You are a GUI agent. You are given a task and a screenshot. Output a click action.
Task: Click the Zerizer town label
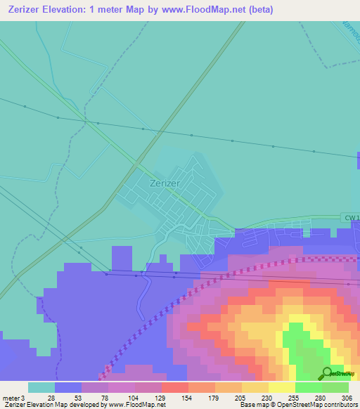pyautogui.click(x=165, y=183)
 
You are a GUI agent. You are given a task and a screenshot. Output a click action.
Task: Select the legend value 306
pyautogui.click(x=347, y=397)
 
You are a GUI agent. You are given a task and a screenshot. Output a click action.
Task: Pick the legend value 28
pyautogui.click(x=51, y=397)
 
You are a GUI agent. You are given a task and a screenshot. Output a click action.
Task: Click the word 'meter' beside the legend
pyautogui.click(x=11, y=397)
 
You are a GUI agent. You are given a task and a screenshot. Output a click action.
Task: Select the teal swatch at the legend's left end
pyautogui.click(x=41, y=387)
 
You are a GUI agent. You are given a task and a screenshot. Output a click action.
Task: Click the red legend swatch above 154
pyautogui.click(x=174, y=387)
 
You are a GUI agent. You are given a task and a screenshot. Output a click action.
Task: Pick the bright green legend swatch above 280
pyautogui.click(x=308, y=387)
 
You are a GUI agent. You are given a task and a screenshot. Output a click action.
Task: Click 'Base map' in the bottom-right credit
pyautogui.click(x=252, y=405)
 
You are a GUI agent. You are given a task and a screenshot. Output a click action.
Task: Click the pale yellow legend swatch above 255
pyautogui.click(x=281, y=387)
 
